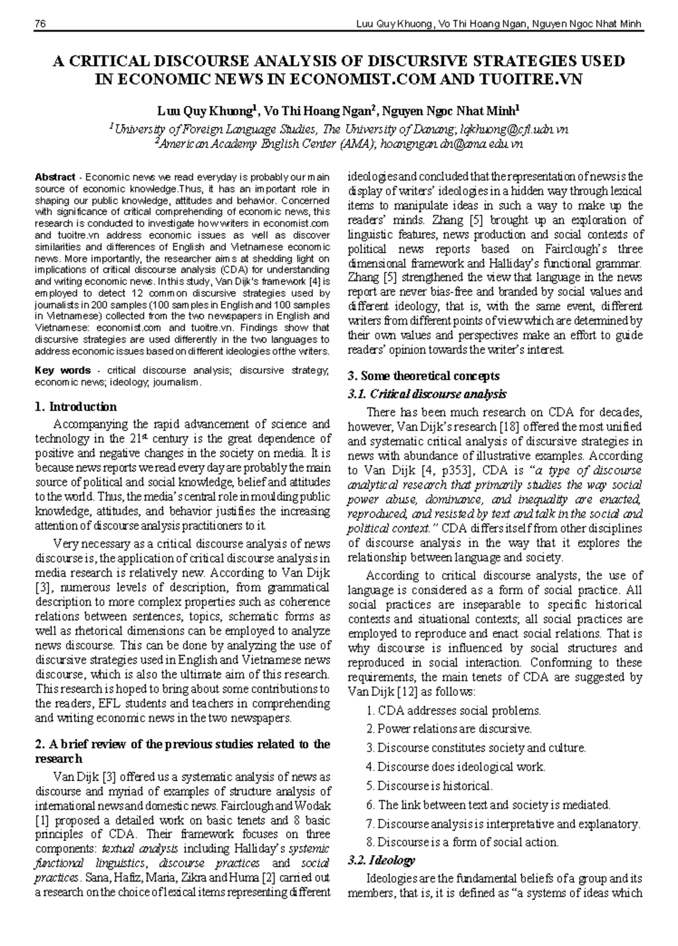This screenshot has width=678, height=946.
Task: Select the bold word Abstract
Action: (55, 176)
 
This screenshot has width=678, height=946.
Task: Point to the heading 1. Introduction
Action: (76, 407)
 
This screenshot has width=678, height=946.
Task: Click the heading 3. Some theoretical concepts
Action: (424, 375)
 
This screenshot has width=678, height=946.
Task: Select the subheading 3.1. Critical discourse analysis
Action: (427, 394)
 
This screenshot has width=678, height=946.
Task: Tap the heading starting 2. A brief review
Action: (182, 745)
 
